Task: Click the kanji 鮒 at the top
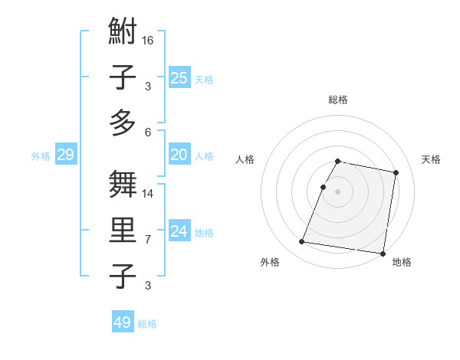[123, 33]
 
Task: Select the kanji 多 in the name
[123, 123]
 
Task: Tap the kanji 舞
[123, 185]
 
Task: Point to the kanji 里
[123, 231]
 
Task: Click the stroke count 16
[149, 41]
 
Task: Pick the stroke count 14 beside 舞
[149, 194]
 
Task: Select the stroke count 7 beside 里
[148, 240]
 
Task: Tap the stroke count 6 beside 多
[148, 133]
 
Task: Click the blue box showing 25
[179, 77]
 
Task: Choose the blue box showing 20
[179, 155]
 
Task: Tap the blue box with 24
[179, 231]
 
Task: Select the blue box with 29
[65, 155]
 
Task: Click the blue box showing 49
[123, 322]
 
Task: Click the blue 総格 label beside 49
[147, 324]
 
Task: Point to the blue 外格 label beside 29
[41, 156]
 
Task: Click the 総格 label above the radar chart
[338, 100]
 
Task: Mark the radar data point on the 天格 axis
[396, 174]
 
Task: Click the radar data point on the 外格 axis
[302, 242]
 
